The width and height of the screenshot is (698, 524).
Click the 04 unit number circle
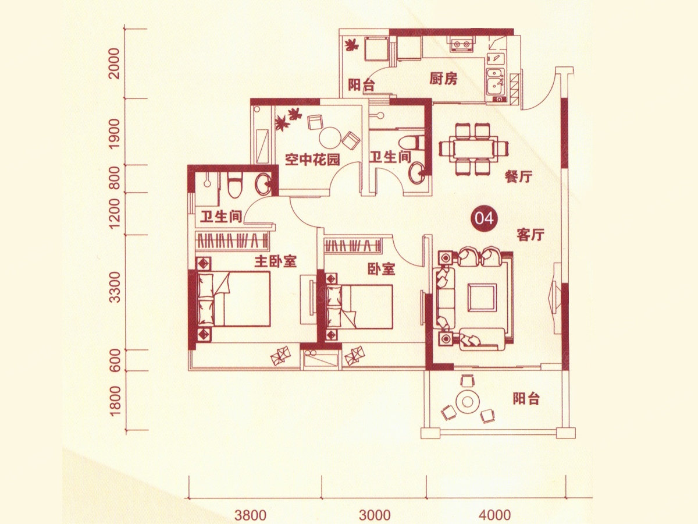click(x=484, y=218)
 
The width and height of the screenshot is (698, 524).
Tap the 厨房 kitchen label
click(x=443, y=79)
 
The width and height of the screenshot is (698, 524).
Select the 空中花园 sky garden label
click(x=312, y=160)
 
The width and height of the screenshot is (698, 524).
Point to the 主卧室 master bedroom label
click(x=275, y=262)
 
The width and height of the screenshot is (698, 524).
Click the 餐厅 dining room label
click(x=519, y=177)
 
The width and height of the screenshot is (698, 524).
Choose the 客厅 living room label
click(x=530, y=235)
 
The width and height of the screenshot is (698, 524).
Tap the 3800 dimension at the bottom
click(x=250, y=515)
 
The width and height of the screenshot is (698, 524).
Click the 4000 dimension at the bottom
click(x=495, y=515)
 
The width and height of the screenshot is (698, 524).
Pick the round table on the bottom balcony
click(x=467, y=402)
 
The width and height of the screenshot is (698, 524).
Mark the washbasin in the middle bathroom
click(x=416, y=174)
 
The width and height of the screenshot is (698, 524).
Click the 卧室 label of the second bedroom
click(x=381, y=270)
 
